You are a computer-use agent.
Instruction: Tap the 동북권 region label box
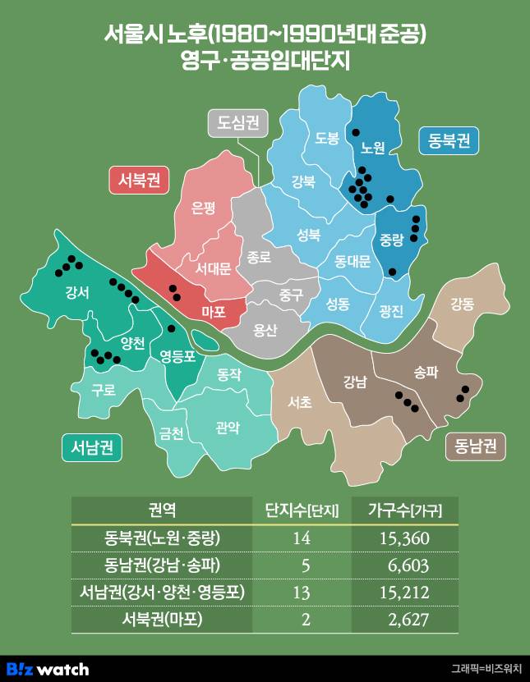click(448, 140)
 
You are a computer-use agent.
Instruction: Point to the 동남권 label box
click(475, 446)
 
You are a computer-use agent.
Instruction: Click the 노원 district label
click(372, 148)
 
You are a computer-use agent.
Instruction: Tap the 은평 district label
click(203, 208)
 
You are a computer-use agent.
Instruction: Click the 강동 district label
click(462, 304)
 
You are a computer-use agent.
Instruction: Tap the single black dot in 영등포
click(171, 328)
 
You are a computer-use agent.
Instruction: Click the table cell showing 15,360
click(404, 539)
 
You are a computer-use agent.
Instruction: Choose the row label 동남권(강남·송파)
click(162, 565)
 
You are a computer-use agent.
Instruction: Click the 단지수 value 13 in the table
click(306, 592)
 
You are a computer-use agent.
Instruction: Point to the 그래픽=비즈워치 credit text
click(486, 669)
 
